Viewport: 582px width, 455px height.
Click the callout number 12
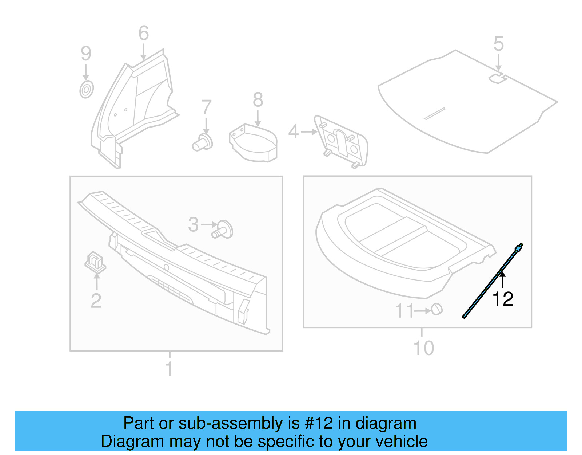click(x=503, y=299)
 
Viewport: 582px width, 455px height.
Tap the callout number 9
click(x=86, y=54)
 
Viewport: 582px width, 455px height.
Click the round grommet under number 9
click(x=87, y=89)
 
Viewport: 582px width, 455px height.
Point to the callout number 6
click(x=144, y=33)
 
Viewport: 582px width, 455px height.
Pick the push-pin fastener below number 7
click(x=203, y=142)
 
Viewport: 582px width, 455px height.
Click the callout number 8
click(x=258, y=99)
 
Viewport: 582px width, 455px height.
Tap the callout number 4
click(x=293, y=132)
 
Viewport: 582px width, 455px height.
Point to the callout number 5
click(x=498, y=44)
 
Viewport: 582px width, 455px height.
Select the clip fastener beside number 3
click(x=223, y=230)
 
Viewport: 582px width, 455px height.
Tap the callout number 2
click(x=96, y=301)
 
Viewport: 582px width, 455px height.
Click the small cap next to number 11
click(x=437, y=309)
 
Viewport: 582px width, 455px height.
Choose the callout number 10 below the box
click(x=424, y=348)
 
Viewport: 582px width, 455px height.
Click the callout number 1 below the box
click(x=169, y=369)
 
